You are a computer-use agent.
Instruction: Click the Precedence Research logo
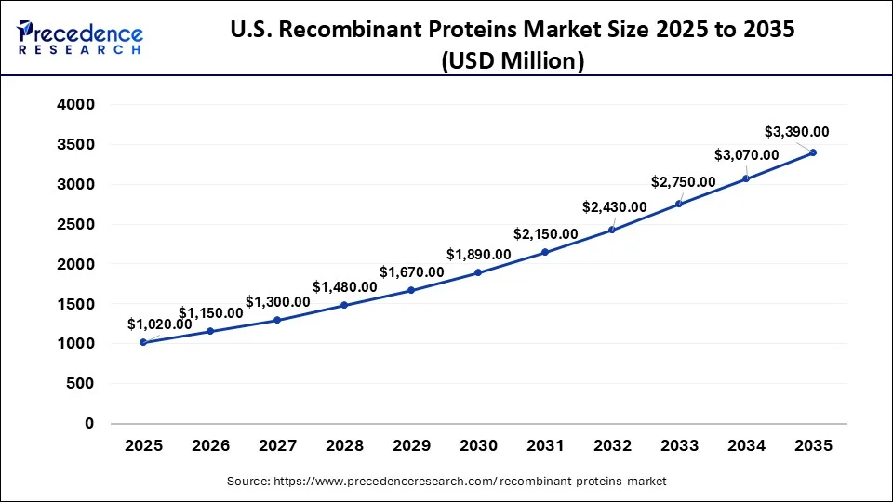pos(81,37)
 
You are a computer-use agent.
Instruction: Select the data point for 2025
pos(143,342)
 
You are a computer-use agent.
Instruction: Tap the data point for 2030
pos(478,272)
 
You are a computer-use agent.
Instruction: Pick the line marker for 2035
pos(813,152)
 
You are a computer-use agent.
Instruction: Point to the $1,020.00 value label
pos(160,324)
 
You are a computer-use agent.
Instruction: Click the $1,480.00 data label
pos(344,286)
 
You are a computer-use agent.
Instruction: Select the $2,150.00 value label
pos(545,233)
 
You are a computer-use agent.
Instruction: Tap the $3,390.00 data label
pos(796,132)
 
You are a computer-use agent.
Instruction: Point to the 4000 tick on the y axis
pos(76,105)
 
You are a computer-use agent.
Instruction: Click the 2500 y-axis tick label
pos(76,224)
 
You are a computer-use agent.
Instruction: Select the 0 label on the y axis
pos(89,423)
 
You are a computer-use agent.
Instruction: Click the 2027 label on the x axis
pos(277,446)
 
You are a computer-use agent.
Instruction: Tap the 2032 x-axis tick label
pos(612,446)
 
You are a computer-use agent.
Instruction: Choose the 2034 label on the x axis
pos(746,446)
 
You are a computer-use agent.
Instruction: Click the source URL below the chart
pos(446,481)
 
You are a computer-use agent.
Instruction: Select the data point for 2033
pos(679,204)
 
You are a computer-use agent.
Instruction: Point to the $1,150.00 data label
pos(211,313)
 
